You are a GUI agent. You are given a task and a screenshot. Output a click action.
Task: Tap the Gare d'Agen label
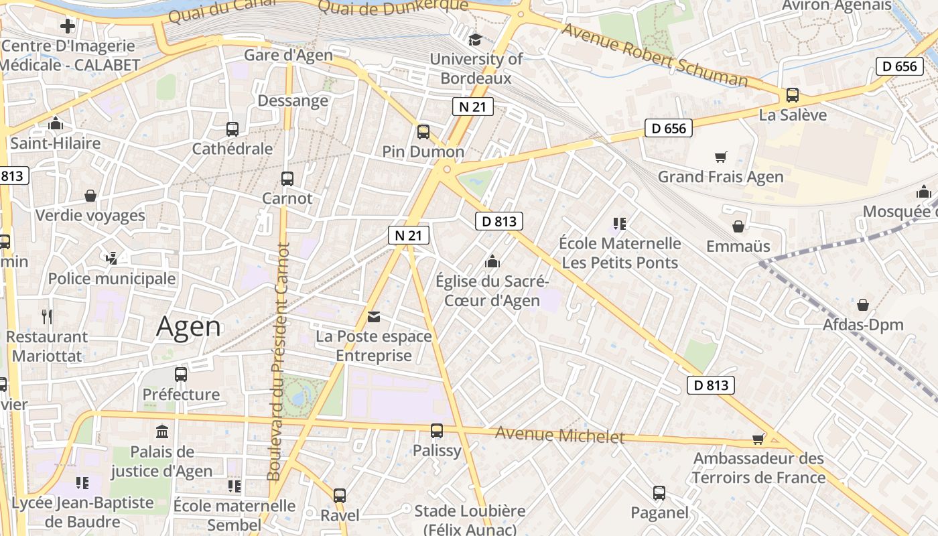point(288,55)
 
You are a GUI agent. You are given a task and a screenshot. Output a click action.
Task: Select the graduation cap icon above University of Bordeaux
point(475,40)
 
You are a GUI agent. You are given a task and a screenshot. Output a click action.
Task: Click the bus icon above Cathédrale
point(232,129)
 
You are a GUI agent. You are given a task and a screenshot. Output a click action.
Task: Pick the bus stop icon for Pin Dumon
point(423,131)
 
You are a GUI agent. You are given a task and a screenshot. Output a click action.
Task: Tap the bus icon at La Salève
point(793,95)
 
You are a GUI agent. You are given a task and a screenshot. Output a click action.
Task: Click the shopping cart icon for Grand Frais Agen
point(720,157)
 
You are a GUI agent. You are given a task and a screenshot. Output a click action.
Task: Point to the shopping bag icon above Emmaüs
point(738,226)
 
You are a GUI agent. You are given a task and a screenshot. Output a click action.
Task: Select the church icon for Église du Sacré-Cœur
point(492,261)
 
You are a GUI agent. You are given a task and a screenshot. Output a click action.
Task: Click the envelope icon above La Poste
point(373,316)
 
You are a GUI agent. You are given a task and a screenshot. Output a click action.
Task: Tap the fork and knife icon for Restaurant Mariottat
point(46,316)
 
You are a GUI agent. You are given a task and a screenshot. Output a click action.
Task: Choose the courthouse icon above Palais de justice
point(161,431)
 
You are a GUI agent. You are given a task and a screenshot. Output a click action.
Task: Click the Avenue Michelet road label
point(559,436)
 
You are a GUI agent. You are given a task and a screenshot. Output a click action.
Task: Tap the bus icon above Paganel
point(659,493)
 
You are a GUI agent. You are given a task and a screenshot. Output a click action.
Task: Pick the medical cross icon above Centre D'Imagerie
point(68,27)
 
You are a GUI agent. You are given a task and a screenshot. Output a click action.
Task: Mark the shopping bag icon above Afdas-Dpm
point(863,305)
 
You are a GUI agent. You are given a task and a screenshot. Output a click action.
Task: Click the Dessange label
point(293,101)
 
